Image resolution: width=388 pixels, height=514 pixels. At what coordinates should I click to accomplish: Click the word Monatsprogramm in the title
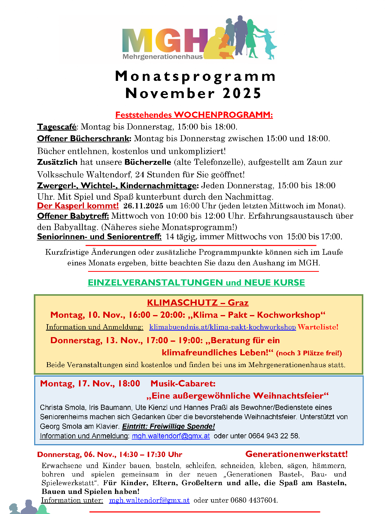[195, 76]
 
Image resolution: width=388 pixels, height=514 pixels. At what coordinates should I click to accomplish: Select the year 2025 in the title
[242, 93]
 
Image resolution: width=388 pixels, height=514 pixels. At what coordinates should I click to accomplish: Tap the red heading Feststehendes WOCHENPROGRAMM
[194, 115]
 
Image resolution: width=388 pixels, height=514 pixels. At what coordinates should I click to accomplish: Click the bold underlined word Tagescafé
[57, 127]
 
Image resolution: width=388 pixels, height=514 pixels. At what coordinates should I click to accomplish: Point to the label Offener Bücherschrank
[84, 139]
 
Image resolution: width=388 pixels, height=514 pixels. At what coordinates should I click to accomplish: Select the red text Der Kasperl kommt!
[78, 206]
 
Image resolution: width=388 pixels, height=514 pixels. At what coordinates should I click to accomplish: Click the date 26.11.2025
[143, 206]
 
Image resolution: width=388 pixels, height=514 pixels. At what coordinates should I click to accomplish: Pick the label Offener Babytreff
[73, 216]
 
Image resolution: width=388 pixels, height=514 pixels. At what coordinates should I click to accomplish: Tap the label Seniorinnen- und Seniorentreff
[99, 237]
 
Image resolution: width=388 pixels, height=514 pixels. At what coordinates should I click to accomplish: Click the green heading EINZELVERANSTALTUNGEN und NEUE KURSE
[196, 282]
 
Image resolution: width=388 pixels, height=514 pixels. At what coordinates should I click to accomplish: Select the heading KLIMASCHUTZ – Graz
[198, 303]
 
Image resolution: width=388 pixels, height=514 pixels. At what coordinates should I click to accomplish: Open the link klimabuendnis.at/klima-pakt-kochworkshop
[222, 327]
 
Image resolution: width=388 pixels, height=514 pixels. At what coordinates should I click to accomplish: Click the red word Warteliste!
[318, 327]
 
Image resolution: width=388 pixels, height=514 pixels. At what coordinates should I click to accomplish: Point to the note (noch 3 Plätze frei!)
[309, 353]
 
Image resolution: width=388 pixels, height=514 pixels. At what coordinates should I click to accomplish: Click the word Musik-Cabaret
[183, 383]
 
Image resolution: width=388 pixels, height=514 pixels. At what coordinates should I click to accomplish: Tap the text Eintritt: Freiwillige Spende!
[169, 426]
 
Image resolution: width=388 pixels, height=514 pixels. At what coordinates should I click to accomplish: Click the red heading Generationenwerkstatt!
[296, 454]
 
